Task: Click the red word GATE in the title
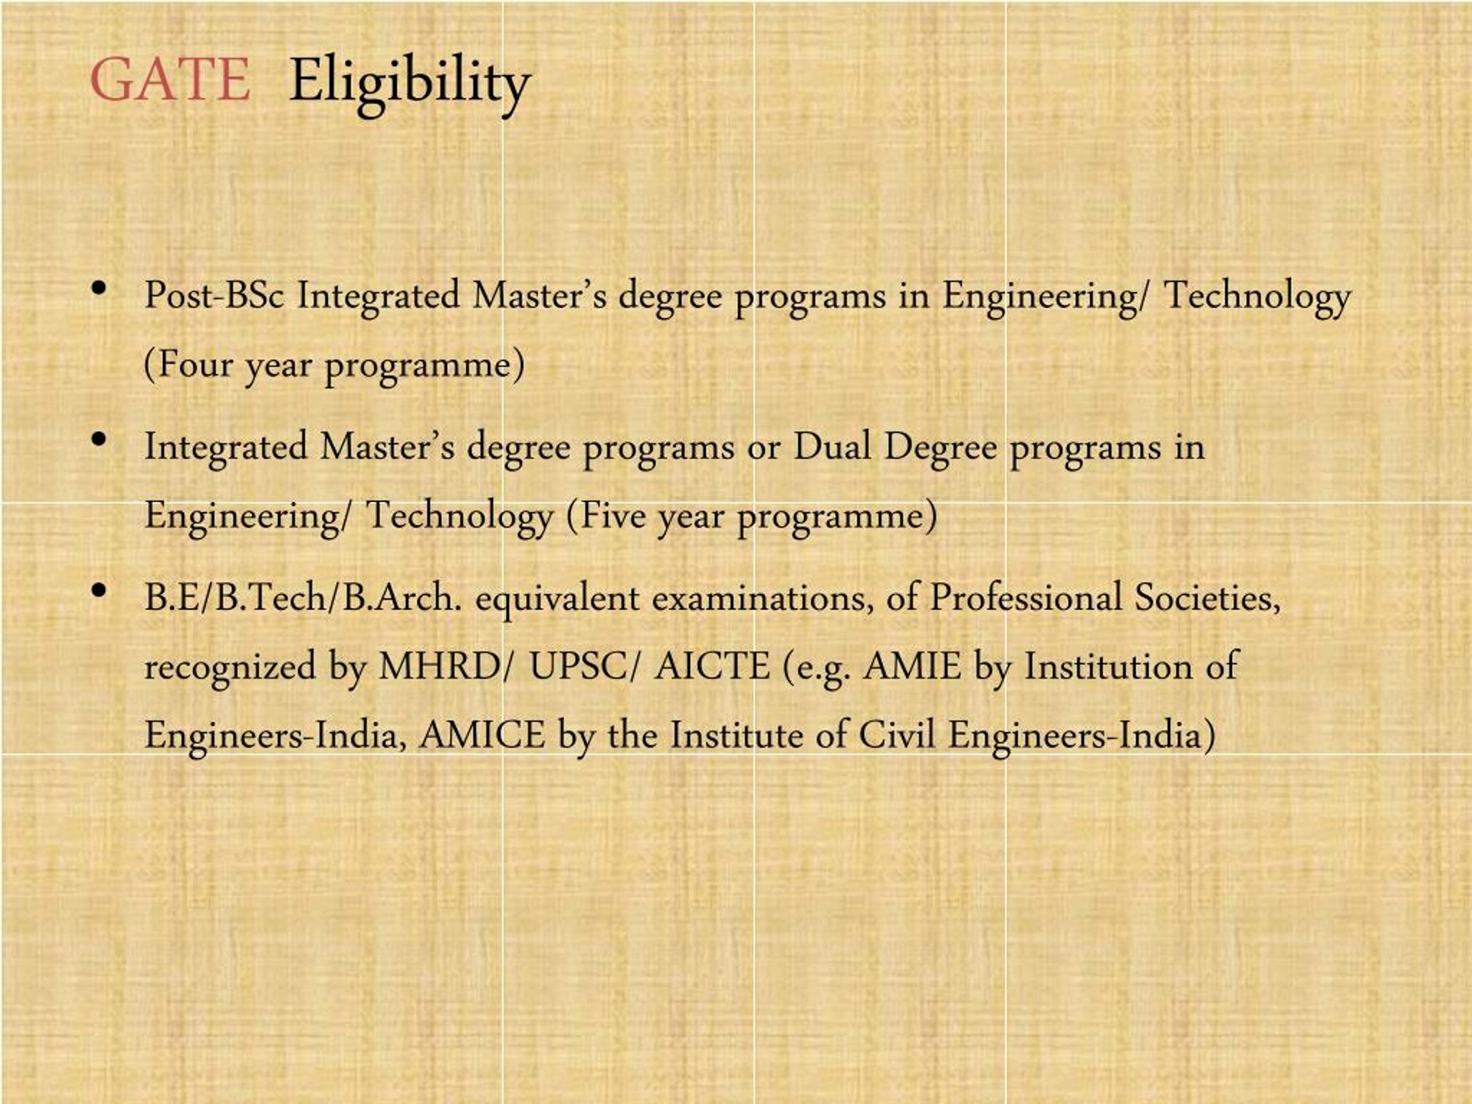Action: (170, 80)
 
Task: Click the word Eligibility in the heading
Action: (410, 83)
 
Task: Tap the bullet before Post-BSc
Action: (101, 288)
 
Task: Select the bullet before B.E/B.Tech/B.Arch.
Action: (101, 591)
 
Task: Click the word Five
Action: (613, 515)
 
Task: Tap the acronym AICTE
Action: (711, 666)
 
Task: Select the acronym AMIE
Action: (912, 666)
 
